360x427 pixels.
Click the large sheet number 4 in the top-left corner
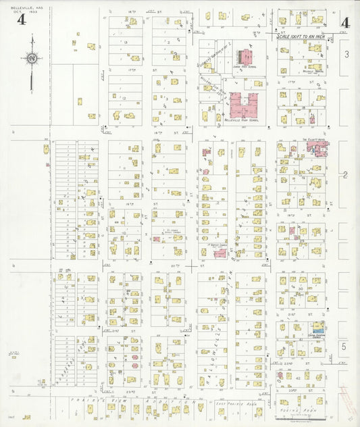pos(22,20)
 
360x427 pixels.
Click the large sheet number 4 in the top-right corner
pos(345,22)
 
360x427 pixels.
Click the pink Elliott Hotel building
pos(317,149)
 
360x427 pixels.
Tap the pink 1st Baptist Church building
pos(220,253)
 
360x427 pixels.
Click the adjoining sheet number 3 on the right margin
pos(346,53)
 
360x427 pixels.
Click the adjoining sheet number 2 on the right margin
pos(345,175)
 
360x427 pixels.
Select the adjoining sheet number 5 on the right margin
pos(344,346)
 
